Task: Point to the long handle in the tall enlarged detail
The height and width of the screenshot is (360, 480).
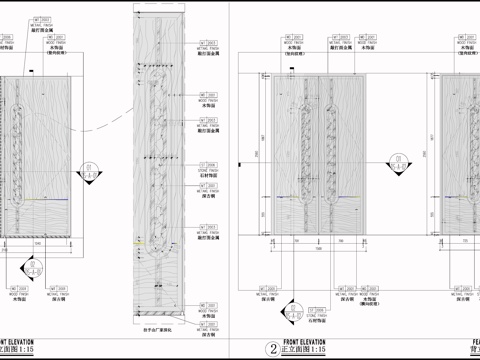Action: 154,150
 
